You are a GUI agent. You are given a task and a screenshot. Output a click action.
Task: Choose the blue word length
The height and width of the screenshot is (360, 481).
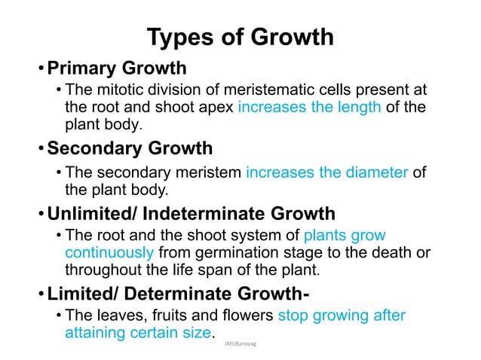(x=356, y=108)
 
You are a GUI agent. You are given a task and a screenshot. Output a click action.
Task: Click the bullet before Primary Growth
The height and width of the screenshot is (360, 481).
(x=42, y=70)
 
